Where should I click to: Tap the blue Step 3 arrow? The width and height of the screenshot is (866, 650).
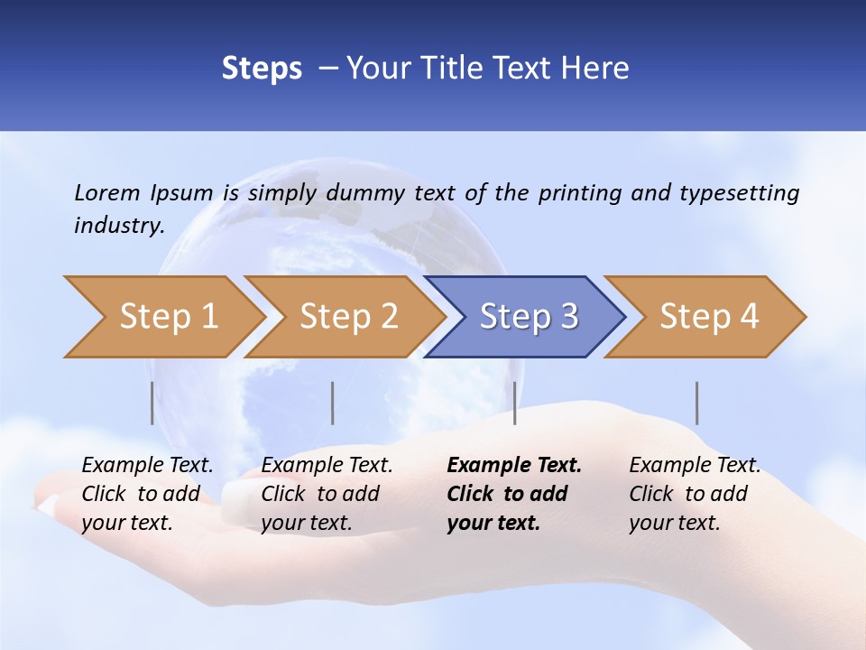coord(525,317)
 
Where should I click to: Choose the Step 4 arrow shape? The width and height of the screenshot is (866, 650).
coord(705,317)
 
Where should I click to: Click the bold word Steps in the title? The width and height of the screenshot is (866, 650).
coord(262,69)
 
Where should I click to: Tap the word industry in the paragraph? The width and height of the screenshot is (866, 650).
coord(118,226)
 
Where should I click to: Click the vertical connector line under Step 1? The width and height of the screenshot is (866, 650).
coord(152,403)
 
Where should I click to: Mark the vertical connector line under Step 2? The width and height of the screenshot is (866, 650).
coord(333,403)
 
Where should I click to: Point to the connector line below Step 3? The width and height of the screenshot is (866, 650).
coord(514,403)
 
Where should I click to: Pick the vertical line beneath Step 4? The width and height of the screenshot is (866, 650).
coord(697,403)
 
